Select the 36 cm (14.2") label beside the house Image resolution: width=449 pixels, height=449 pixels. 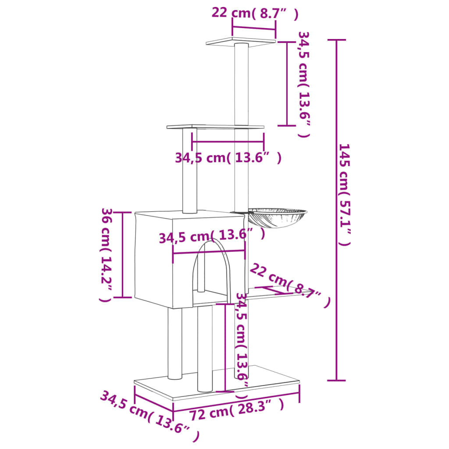(x=107, y=255)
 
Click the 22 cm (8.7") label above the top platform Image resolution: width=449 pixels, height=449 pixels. (x=254, y=13)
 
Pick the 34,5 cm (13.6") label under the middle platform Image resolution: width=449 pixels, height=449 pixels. (x=228, y=157)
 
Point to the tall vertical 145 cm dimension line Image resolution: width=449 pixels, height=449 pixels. (x=336, y=210)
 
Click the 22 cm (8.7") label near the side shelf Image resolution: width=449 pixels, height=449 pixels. (x=289, y=285)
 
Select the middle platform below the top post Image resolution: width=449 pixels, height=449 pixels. (x=215, y=127)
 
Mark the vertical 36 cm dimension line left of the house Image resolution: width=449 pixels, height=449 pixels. (x=123, y=255)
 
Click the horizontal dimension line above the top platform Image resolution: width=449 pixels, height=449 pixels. (x=254, y=29)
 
